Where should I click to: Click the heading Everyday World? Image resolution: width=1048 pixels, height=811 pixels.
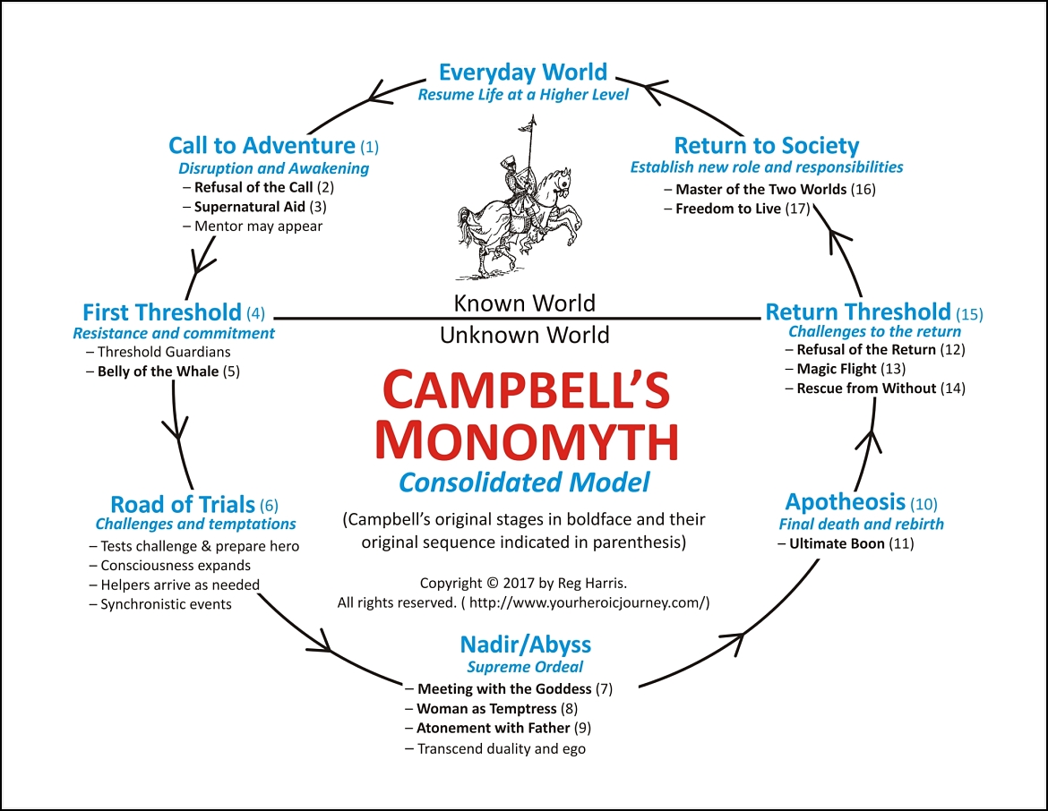(524, 73)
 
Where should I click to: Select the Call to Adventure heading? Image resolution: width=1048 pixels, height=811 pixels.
(262, 146)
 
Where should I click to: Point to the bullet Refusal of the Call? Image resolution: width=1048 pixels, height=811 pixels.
(253, 187)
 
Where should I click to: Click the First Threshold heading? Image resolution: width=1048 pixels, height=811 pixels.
(162, 312)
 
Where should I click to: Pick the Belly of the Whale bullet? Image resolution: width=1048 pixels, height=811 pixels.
(158, 371)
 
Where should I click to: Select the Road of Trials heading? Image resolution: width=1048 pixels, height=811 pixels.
(183, 504)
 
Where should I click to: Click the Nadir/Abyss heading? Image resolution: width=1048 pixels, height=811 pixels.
(525, 645)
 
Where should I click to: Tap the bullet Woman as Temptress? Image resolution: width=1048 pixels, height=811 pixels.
(487, 709)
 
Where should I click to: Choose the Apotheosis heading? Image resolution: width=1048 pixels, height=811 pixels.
(846, 502)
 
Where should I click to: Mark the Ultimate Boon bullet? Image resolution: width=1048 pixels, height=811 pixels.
(837, 543)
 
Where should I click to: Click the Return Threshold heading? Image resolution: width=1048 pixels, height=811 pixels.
(858, 312)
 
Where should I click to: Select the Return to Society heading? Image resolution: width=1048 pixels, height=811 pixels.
(766, 146)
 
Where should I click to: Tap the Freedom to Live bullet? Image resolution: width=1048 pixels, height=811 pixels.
(727, 209)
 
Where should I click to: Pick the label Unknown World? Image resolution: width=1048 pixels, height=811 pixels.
(524, 336)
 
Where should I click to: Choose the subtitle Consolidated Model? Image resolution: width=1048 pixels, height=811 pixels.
(524, 483)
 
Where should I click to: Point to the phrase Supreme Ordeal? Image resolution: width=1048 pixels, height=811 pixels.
(525, 667)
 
